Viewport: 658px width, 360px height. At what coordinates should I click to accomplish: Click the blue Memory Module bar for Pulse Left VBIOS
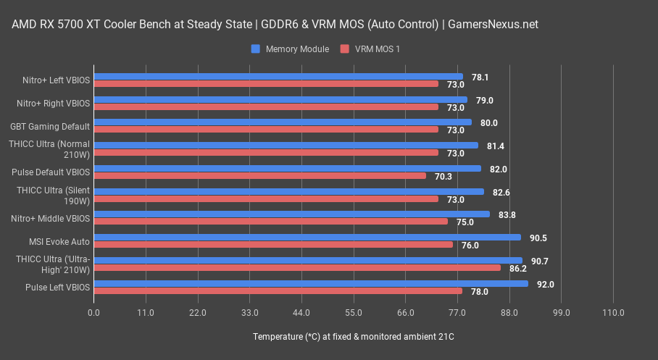pos(311,284)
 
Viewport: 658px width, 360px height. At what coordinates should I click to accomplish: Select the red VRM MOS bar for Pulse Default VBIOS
pos(259,175)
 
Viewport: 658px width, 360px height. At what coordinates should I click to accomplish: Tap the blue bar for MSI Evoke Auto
pos(307,237)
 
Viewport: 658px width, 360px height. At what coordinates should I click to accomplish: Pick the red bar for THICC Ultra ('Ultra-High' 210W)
pos(297,268)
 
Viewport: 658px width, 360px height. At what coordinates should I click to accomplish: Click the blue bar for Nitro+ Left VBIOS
pos(278,76)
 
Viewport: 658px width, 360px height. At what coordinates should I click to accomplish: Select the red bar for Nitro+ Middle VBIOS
pos(271,222)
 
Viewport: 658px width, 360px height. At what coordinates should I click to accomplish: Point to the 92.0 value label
pos(545,285)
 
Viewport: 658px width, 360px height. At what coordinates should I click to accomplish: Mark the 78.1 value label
pos(480,77)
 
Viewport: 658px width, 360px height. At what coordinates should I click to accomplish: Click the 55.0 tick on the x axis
pos(354,313)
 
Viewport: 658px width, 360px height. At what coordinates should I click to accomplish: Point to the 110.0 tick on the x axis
pos(613,313)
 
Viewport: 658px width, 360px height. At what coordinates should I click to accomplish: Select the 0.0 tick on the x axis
pos(94,313)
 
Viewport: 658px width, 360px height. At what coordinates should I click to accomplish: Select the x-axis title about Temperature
pos(354,338)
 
